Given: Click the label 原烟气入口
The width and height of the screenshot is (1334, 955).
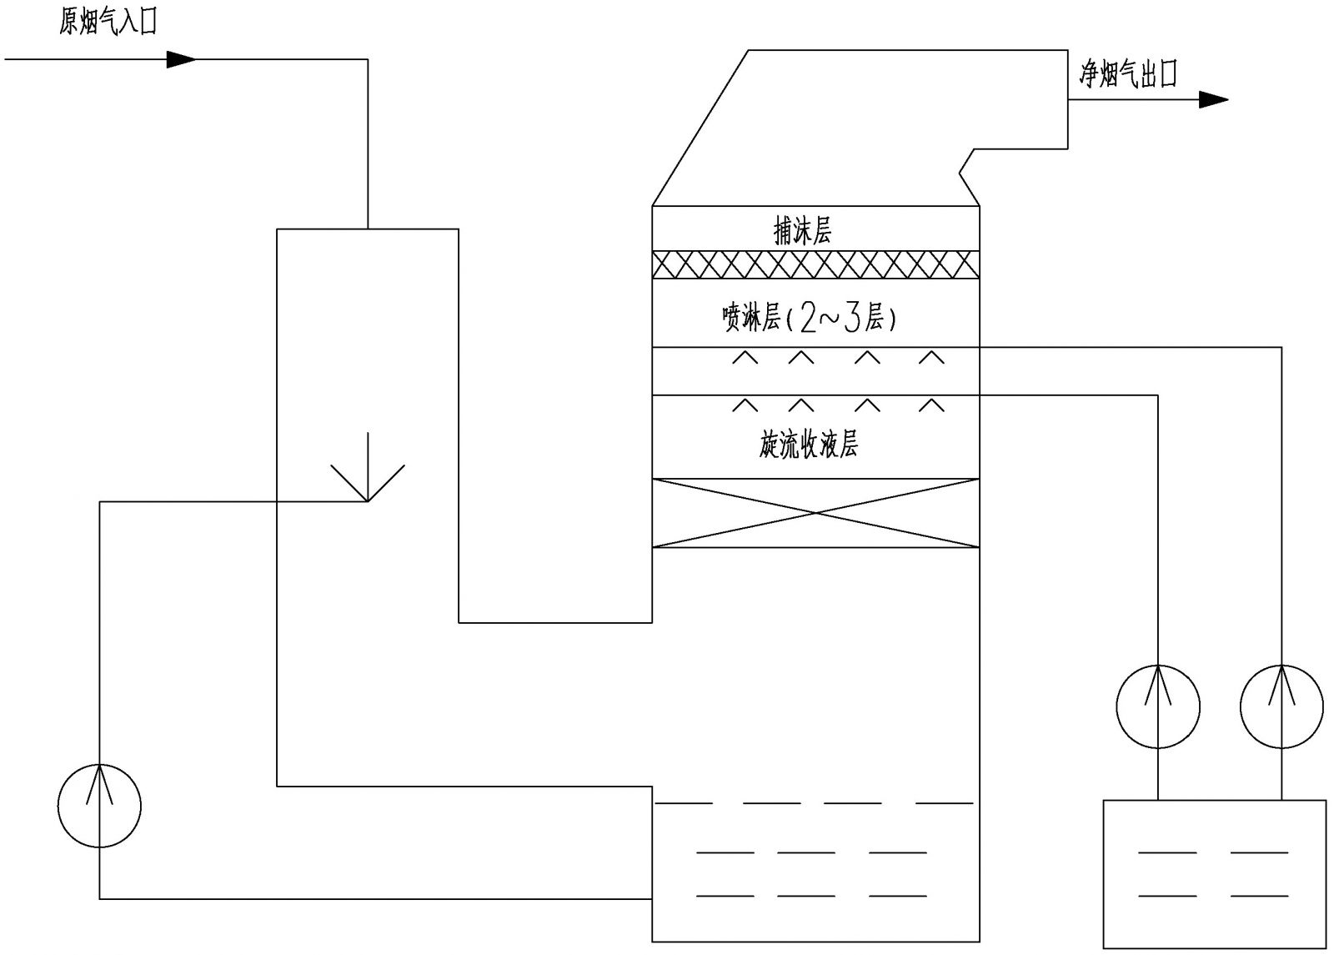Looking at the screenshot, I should (108, 23).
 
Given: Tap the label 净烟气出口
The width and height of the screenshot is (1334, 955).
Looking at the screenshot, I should (1127, 76).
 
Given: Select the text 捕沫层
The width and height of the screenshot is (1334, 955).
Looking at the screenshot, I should (802, 231).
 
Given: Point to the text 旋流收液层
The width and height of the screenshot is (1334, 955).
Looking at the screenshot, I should (808, 445).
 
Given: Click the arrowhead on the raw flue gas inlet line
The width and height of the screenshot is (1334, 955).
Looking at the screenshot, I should (181, 59).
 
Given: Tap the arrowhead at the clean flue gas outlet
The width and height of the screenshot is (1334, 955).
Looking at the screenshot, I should (1213, 100).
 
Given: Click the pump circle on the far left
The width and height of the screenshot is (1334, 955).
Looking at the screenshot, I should (100, 806).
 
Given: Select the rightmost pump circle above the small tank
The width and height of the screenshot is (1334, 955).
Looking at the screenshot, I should (1281, 706).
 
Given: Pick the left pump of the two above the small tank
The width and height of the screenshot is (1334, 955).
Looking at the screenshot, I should (1158, 706).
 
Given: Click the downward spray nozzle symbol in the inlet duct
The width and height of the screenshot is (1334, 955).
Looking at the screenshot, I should (368, 471).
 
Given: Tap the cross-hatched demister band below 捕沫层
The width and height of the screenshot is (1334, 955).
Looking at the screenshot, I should (815, 264).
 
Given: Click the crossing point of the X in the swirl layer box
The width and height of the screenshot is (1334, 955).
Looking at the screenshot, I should (815, 513).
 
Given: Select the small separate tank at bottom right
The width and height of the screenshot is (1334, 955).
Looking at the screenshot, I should (1214, 873).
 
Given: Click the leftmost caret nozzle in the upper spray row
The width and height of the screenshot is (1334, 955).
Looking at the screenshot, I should (745, 358).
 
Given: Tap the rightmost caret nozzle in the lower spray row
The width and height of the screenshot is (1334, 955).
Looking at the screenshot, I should (931, 405).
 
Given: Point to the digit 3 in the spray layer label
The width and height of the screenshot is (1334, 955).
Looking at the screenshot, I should (851, 319).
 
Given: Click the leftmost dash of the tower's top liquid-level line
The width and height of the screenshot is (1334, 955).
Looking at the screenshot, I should (684, 803).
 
